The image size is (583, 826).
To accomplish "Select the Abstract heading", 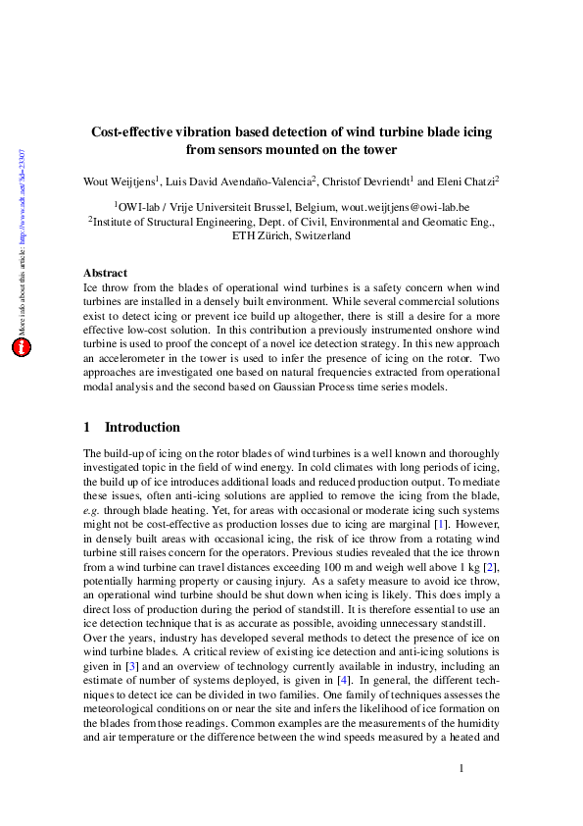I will tap(105, 273).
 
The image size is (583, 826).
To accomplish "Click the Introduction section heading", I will tap(142, 428).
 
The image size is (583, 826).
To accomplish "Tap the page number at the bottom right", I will tap(461, 768).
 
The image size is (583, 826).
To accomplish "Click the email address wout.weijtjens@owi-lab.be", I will tap(405, 208).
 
